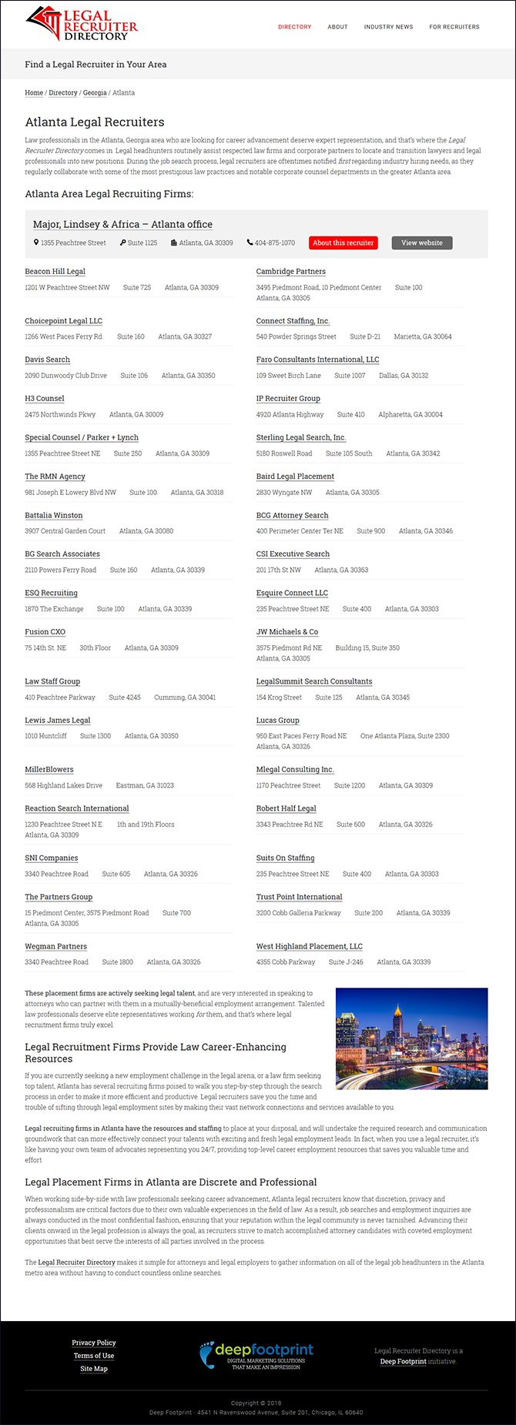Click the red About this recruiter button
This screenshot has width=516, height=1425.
[343, 243]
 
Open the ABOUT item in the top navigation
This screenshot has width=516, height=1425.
[337, 27]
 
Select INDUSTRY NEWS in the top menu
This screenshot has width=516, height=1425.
[388, 27]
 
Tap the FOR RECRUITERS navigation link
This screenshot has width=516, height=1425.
[454, 27]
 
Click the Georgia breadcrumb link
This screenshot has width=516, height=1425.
[95, 92]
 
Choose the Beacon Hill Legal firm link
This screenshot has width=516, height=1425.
[55, 272]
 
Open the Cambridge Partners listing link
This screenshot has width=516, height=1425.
[290, 272]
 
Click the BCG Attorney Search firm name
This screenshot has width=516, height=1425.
[292, 516]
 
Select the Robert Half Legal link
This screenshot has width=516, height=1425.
[286, 808]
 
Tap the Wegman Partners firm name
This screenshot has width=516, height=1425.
[55, 947]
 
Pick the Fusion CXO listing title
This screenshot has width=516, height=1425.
[45, 632]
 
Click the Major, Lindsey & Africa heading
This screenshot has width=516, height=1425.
[122, 225]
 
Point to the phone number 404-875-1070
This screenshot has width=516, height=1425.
[274, 243]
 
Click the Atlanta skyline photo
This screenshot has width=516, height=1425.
[411, 1039]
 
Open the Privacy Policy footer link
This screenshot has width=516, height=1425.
[94, 1343]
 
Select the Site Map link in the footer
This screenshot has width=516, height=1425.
[94, 1369]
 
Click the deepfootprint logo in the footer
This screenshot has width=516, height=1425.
[256, 1355]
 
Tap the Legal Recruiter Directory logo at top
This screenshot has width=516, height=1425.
[81, 25]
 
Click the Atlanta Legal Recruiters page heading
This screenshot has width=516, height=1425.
[95, 122]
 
